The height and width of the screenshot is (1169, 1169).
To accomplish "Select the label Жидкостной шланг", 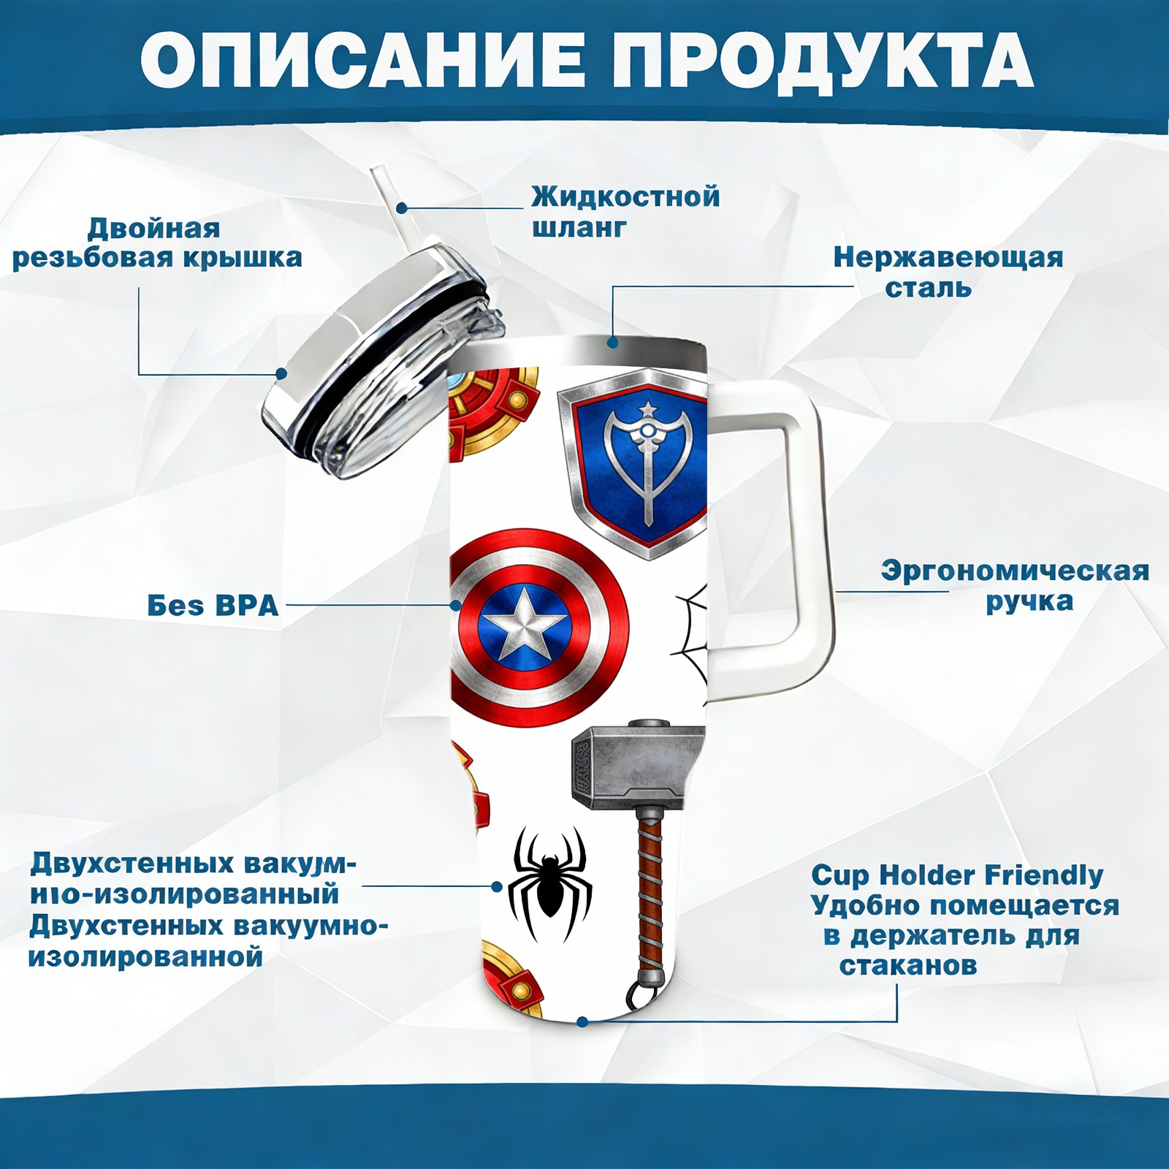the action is [x=625, y=212].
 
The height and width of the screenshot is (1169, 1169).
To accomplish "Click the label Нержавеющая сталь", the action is [x=948, y=273].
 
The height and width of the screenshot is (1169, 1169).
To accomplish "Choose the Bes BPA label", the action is [x=213, y=606].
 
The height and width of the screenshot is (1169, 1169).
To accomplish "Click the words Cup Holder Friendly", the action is [x=957, y=875].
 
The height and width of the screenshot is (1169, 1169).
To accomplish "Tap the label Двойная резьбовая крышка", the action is [x=157, y=243].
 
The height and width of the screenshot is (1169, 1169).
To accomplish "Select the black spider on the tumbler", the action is [x=549, y=883].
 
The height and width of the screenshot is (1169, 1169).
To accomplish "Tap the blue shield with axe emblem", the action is [x=634, y=462].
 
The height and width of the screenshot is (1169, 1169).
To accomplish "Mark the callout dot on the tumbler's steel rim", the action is [x=612, y=342].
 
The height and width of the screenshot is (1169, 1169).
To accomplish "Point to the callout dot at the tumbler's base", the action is [x=582, y=1021].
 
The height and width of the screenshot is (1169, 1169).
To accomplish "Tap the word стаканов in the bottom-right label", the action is [x=907, y=966].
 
